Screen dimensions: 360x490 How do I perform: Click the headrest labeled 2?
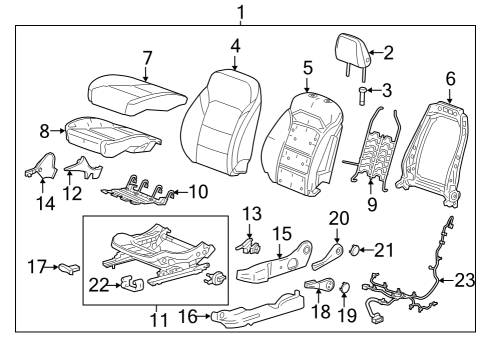coord(351,51)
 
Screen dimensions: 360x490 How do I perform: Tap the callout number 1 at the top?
coord(239,11)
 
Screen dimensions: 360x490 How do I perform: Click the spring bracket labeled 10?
coord(140,186)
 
